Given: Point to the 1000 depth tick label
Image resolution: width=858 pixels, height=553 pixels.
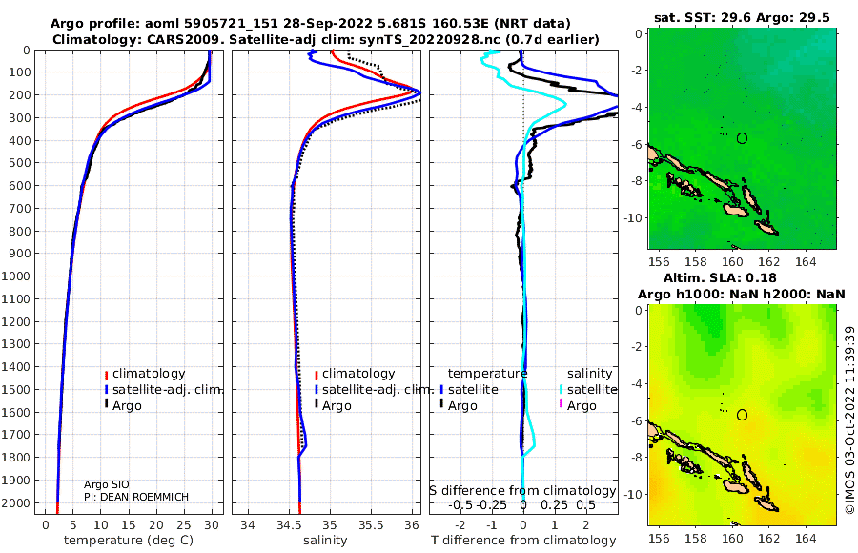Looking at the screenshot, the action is (x=15, y=276).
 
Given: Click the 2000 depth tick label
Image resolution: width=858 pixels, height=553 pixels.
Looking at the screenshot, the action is (x=15, y=502).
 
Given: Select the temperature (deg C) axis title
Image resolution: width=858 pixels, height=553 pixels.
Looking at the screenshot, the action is (x=129, y=541).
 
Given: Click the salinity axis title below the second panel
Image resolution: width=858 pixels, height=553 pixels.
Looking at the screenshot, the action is (x=325, y=541).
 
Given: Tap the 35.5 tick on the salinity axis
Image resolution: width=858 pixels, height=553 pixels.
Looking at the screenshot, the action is (x=371, y=524).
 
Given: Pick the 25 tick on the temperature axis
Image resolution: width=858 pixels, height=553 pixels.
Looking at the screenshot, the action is (x=184, y=524).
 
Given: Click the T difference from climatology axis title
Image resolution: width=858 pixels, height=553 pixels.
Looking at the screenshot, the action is (x=523, y=541).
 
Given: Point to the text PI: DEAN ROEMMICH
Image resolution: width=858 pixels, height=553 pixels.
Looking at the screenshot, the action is (x=136, y=497).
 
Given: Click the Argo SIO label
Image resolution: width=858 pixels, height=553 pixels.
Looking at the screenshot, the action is (x=107, y=484).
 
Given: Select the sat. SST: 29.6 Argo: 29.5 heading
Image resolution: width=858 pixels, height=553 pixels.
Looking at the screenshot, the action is (x=742, y=17).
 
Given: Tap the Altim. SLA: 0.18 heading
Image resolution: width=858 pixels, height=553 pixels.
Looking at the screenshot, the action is (x=720, y=277).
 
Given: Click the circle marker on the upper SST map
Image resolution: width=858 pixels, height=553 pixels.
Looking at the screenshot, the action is (x=742, y=138).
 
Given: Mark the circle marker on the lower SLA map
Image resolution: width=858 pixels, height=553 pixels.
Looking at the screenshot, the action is (x=742, y=415).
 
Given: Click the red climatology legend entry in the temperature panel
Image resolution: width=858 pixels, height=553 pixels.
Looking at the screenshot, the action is (x=145, y=374).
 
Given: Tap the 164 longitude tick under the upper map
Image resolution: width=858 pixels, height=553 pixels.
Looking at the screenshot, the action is (x=806, y=262).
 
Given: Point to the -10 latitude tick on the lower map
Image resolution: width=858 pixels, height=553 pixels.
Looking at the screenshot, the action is (x=633, y=495).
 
